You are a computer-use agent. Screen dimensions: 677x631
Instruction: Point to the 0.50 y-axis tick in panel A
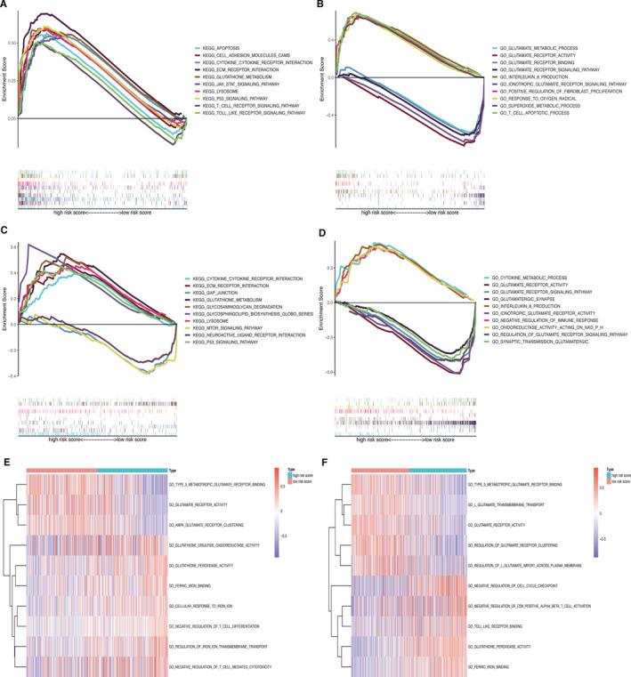12,43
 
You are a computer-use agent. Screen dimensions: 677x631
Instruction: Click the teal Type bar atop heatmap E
132,469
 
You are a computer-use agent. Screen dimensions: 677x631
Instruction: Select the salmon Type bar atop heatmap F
380,469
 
